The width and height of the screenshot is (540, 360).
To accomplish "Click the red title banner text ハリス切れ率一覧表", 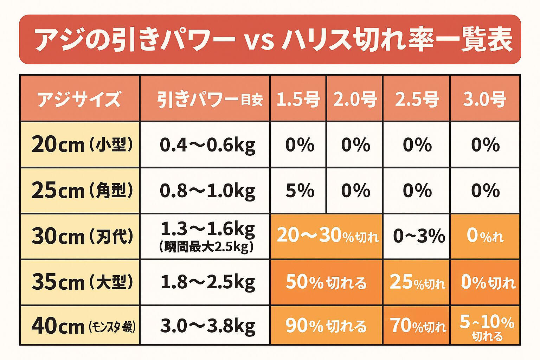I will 397,39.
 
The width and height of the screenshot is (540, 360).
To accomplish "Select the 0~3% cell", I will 418,236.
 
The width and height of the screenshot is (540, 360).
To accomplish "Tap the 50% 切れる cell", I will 326,282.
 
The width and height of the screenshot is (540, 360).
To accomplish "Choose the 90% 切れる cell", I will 326,326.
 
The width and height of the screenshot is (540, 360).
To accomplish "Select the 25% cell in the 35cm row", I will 417,282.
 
